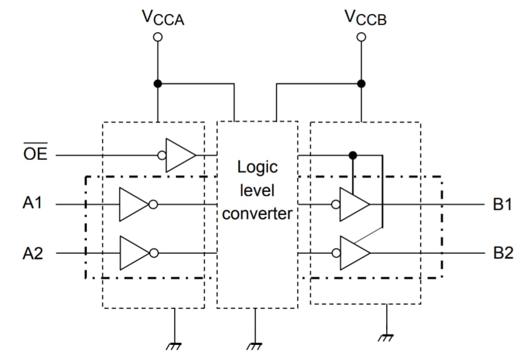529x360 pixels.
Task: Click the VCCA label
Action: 162,18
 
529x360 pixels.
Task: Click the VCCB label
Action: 365,18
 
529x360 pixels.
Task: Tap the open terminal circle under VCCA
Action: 158,37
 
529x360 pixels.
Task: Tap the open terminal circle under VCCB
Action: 361,37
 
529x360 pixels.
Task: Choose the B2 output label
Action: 503,253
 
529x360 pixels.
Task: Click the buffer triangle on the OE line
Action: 179,155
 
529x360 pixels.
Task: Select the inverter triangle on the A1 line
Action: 132,204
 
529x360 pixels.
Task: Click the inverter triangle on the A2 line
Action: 132,253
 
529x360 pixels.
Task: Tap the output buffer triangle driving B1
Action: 353,204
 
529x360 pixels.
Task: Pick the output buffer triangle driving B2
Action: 353,253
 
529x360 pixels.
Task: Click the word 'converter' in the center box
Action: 257,214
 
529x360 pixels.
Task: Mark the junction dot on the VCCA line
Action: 158,84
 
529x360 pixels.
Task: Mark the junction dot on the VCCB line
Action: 361,84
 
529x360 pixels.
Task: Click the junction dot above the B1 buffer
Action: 353,155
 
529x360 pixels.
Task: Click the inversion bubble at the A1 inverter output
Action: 153,204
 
